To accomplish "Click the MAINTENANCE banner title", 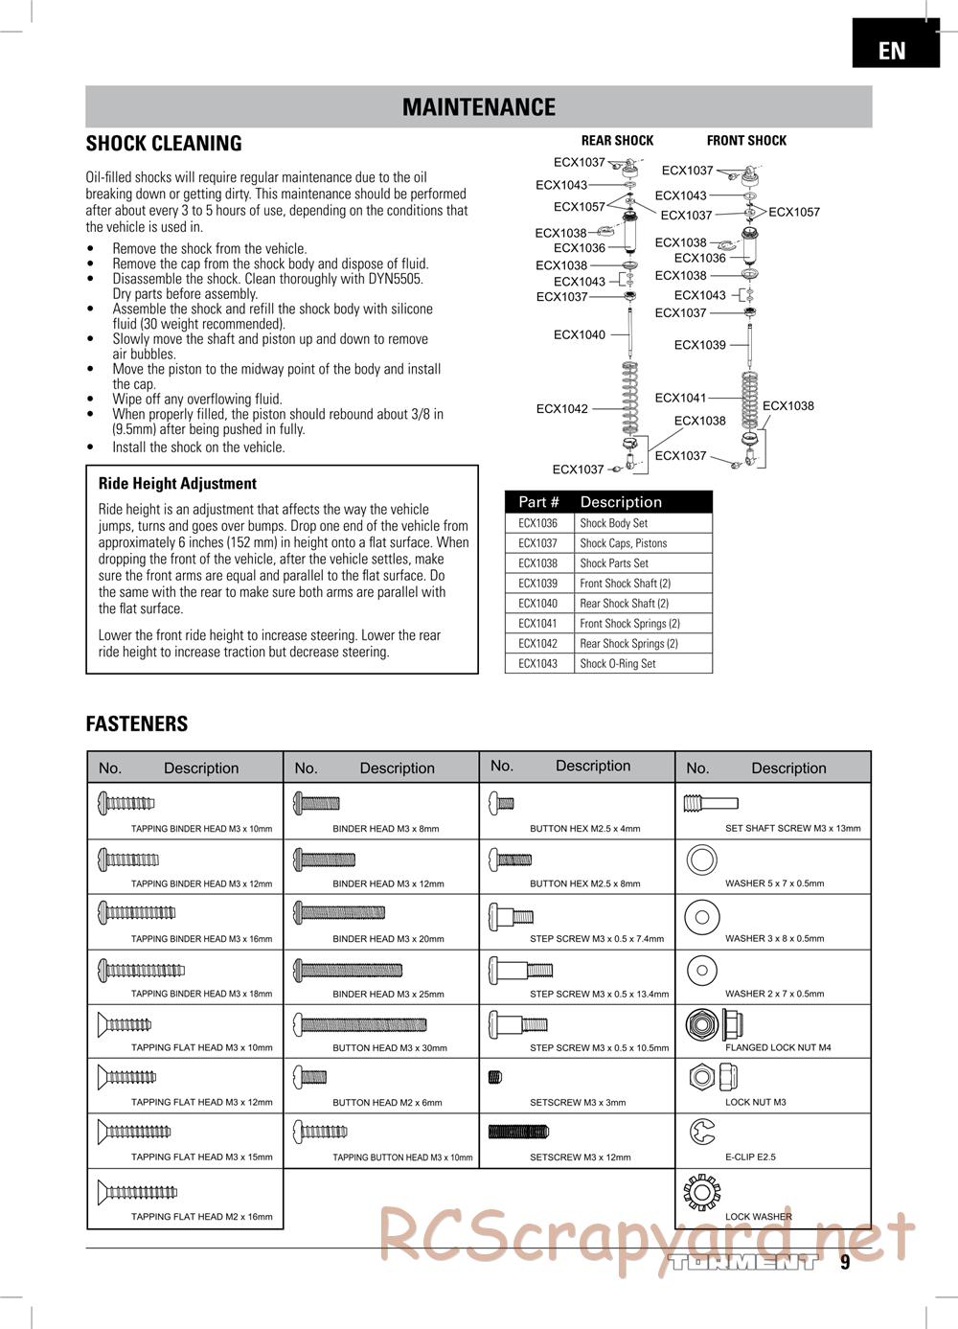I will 478,107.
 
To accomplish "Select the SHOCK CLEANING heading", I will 164,144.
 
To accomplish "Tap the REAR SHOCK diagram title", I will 617,140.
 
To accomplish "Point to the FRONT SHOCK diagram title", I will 746,140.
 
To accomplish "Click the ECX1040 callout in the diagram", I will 580,334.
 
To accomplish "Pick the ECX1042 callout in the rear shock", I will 562,409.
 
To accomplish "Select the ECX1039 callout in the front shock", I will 699,345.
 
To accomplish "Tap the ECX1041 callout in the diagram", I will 680,398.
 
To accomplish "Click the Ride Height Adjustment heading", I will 177,484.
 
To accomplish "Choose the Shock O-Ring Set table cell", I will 618,663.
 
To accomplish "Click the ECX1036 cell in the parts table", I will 537,523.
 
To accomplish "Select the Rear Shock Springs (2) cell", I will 628,643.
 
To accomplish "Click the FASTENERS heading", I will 137,724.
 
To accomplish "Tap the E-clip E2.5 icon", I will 702,1133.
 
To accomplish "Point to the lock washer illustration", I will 702,1192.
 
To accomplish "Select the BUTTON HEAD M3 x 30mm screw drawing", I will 360,1024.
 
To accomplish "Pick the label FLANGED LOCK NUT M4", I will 778,1047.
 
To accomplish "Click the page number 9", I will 845,1262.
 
